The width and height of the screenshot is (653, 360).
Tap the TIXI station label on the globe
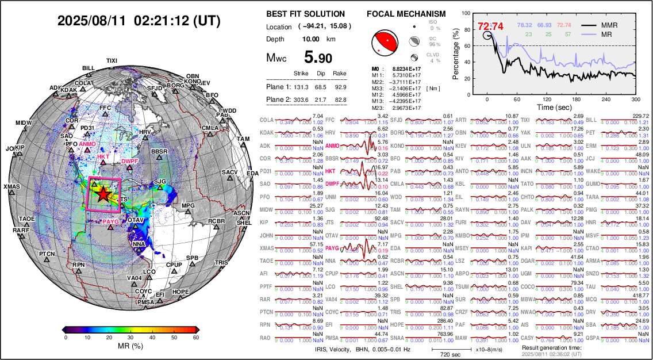(x=112, y=60)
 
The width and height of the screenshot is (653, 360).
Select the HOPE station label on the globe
(x=180, y=292)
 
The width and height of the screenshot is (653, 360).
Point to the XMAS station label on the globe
(x=11, y=187)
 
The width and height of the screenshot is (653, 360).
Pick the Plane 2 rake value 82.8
(x=340, y=100)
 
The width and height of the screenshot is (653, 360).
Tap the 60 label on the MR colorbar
(x=197, y=338)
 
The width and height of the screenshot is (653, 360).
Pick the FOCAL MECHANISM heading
(x=406, y=14)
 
